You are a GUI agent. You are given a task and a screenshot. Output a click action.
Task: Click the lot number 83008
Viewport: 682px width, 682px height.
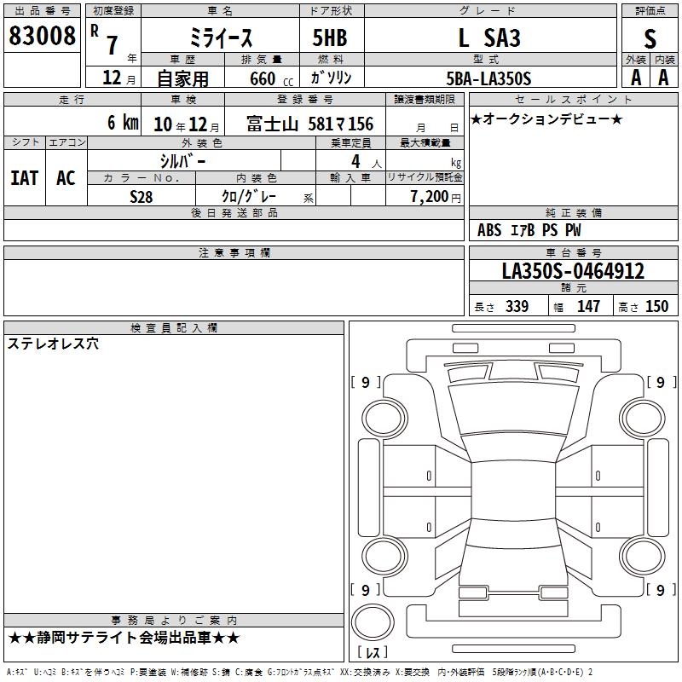click(x=42, y=36)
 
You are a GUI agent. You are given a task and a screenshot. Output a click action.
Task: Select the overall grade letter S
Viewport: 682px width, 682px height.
click(x=650, y=38)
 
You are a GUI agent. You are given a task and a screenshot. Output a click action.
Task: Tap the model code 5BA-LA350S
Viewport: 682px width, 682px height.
click(x=488, y=78)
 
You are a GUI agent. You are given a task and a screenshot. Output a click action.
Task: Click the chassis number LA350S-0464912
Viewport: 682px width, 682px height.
click(x=573, y=270)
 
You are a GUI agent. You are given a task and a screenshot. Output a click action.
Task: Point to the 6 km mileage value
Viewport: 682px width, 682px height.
click(x=123, y=122)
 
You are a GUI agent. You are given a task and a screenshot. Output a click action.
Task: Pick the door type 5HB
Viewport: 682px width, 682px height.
click(x=330, y=38)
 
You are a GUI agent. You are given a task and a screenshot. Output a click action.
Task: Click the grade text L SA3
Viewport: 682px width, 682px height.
click(x=489, y=38)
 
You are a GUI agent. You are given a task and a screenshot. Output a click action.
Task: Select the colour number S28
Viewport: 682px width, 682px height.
click(x=142, y=197)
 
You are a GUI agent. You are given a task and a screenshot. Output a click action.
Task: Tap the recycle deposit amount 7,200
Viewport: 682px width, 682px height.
click(x=430, y=196)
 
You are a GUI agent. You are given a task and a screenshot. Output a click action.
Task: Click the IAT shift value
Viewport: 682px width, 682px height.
click(x=25, y=178)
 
